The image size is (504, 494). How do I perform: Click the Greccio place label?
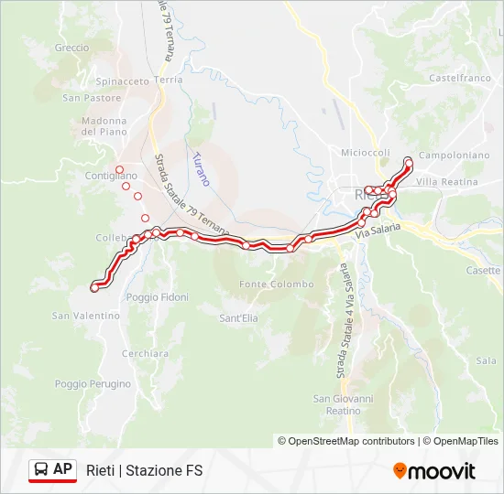(71, 48)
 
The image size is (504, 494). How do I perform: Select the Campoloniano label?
(454, 156)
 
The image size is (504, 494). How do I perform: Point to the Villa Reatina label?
(446, 182)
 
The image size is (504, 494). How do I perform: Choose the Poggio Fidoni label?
(158, 297)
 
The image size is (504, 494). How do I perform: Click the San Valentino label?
(85, 316)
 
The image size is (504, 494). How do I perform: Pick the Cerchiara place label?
(145, 353)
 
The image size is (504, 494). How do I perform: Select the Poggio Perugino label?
(93, 384)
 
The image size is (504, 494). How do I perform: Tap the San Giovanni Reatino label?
(344, 404)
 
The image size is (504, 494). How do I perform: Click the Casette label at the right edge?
(483, 271)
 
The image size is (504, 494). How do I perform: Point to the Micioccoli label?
(366, 153)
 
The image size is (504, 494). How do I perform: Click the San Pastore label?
(92, 97)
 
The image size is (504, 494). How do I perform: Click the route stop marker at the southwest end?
(94, 288)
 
